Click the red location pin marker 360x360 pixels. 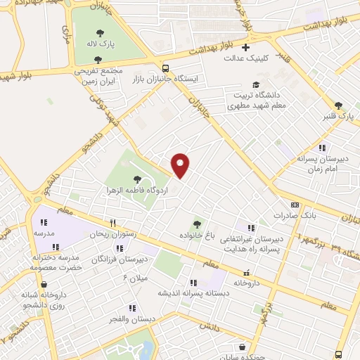click(x=181, y=165)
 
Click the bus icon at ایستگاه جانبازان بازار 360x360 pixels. click(x=165, y=69)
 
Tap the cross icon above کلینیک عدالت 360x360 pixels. click(x=245, y=48)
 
